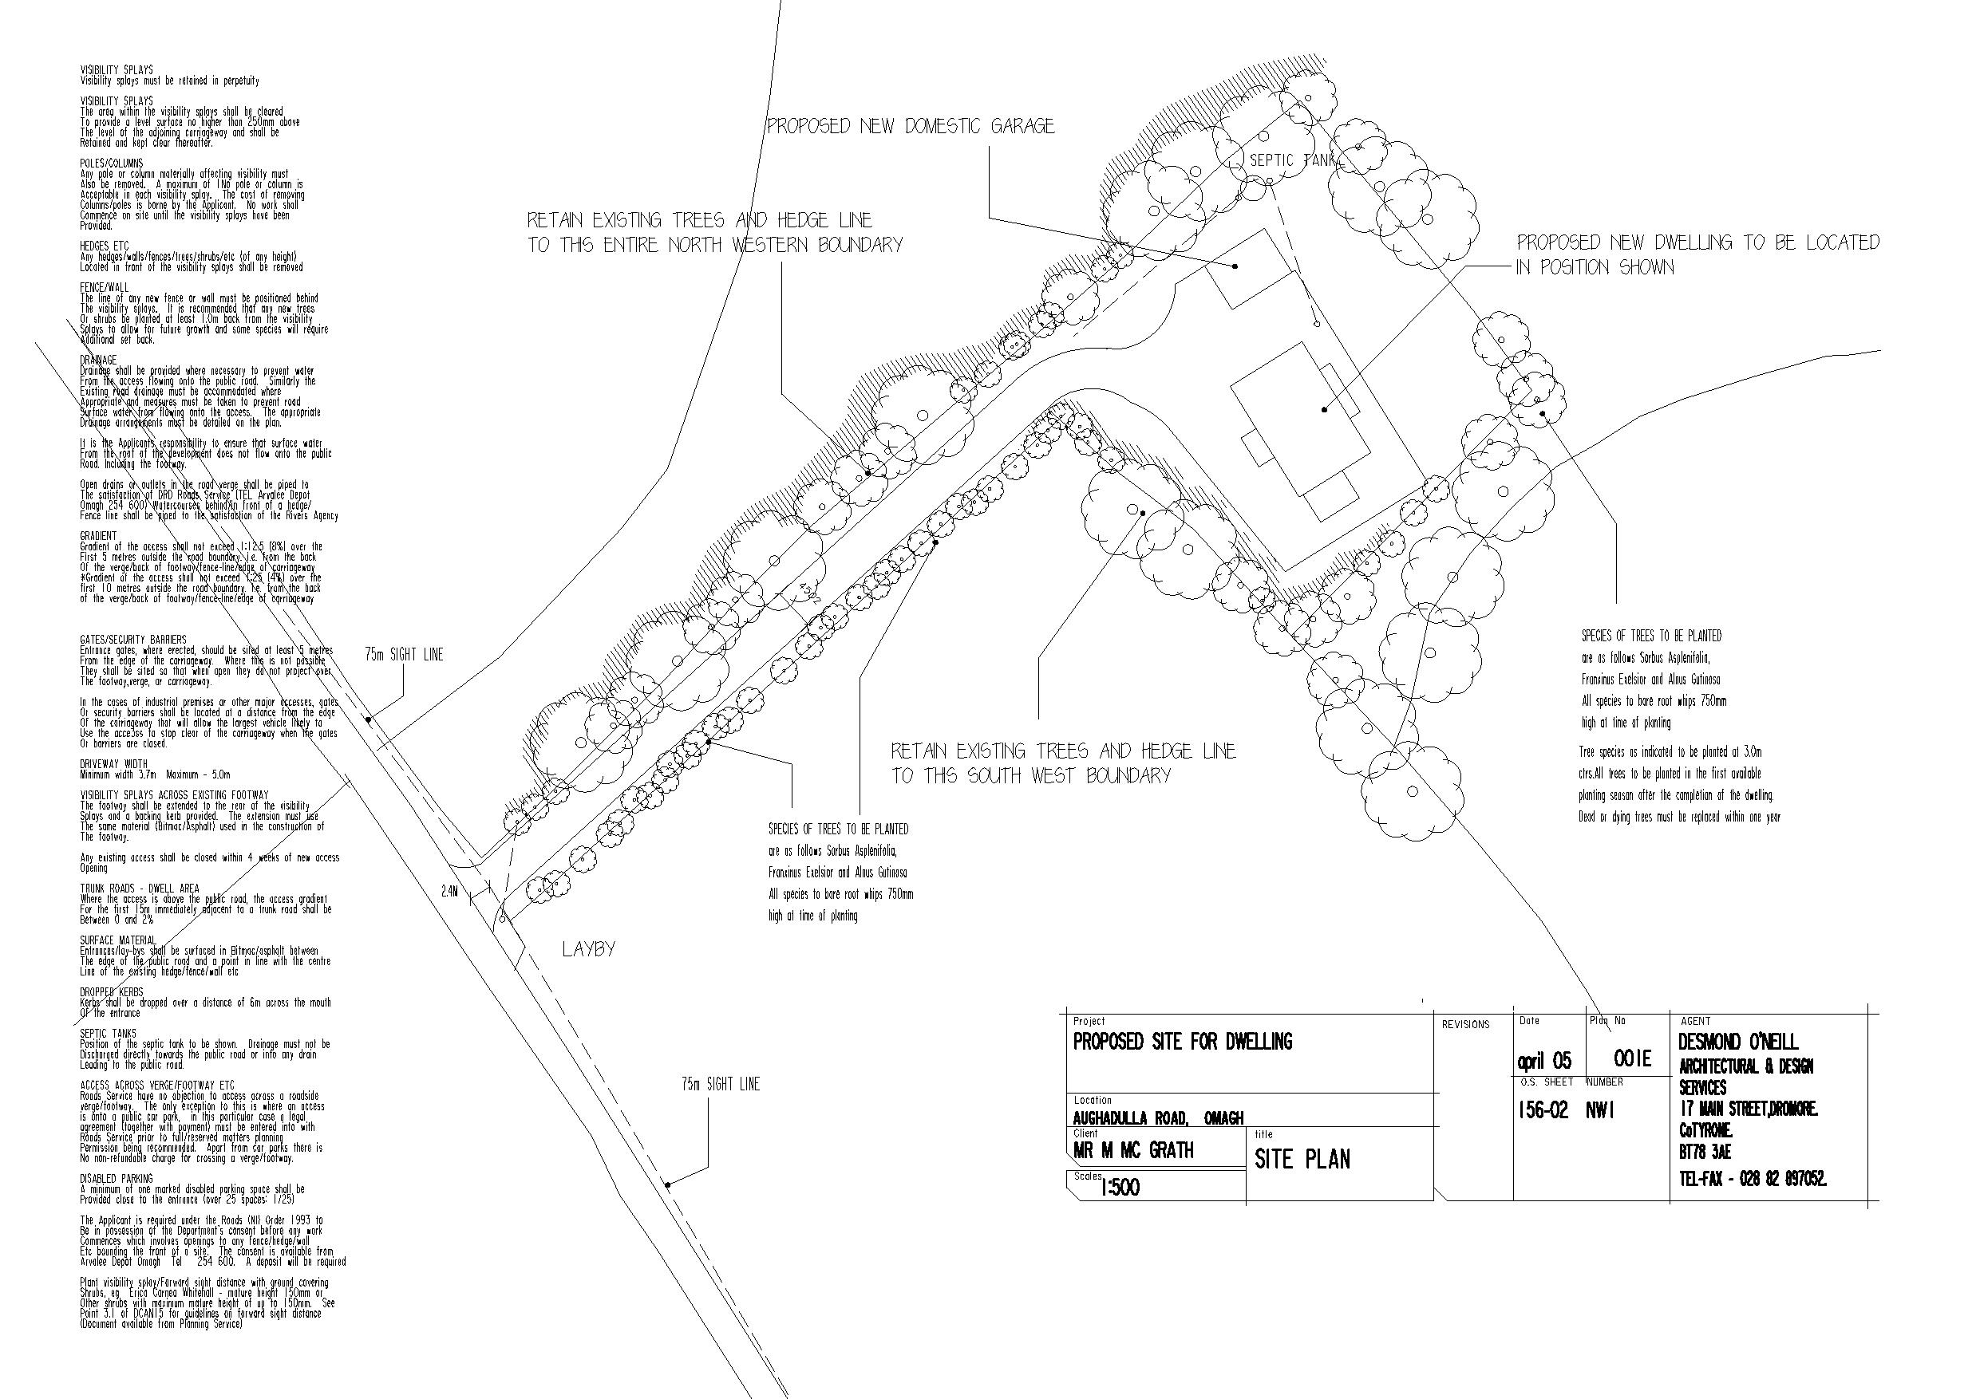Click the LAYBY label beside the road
tap(589, 950)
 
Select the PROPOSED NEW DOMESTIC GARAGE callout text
tap(911, 127)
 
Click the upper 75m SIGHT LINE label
tap(404, 655)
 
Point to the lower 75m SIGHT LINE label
tap(720, 1085)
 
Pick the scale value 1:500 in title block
tap(1120, 1188)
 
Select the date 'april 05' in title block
tap(1543, 1060)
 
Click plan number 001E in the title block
tap(1633, 1058)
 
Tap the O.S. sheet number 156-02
tap(1543, 1110)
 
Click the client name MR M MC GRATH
tap(1133, 1151)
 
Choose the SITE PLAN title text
tap(1302, 1160)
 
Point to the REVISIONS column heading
tap(1465, 1025)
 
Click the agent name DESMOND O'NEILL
tap(1738, 1042)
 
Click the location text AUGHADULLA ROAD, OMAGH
tap(1158, 1118)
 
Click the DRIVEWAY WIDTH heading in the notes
tap(114, 764)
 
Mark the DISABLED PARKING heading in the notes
tap(117, 1178)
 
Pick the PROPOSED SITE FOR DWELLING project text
tap(1182, 1042)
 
